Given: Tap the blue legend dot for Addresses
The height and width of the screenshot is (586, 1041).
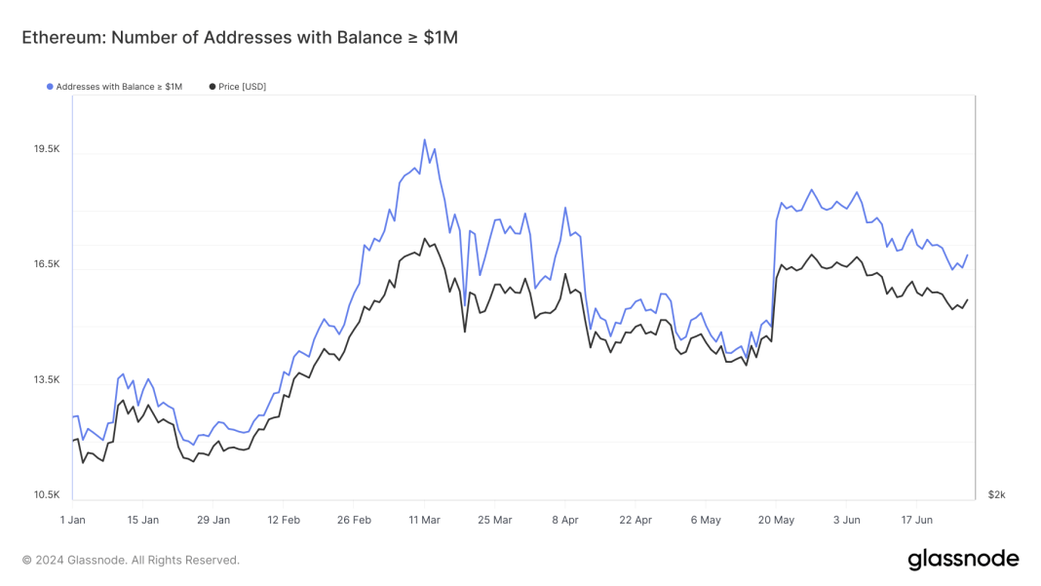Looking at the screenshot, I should [50, 87].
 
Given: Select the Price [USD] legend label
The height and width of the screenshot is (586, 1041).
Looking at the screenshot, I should [242, 87].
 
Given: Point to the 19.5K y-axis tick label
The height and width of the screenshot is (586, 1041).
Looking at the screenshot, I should [47, 149].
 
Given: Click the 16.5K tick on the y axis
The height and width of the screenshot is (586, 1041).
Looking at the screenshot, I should [47, 264].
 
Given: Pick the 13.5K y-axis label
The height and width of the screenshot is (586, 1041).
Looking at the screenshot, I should [47, 380].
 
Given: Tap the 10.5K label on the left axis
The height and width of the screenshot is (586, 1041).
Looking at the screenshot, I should [47, 495].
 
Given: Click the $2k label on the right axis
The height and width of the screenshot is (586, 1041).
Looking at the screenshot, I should [996, 495].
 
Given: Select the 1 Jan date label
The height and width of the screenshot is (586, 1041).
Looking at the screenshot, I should [73, 521].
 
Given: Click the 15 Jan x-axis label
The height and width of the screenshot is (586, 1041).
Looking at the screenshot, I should [143, 521].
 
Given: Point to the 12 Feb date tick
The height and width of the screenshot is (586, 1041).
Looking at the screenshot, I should [284, 521].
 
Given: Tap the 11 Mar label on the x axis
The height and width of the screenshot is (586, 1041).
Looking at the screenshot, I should [425, 521].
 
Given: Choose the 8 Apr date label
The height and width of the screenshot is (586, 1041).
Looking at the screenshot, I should [564, 521].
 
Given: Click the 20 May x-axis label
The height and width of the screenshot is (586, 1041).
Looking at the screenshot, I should [776, 521].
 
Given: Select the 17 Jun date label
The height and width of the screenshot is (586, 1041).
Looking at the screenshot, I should [916, 521].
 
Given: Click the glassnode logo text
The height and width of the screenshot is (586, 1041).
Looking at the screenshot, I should [963, 560].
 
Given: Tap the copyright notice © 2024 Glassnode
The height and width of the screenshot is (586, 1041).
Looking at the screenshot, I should [131, 561].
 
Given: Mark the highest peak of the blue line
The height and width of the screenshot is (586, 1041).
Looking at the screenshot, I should [424, 139].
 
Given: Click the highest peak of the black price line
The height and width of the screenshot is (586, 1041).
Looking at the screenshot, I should [424, 239].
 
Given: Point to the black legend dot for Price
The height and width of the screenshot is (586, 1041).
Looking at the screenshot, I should [212, 87].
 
